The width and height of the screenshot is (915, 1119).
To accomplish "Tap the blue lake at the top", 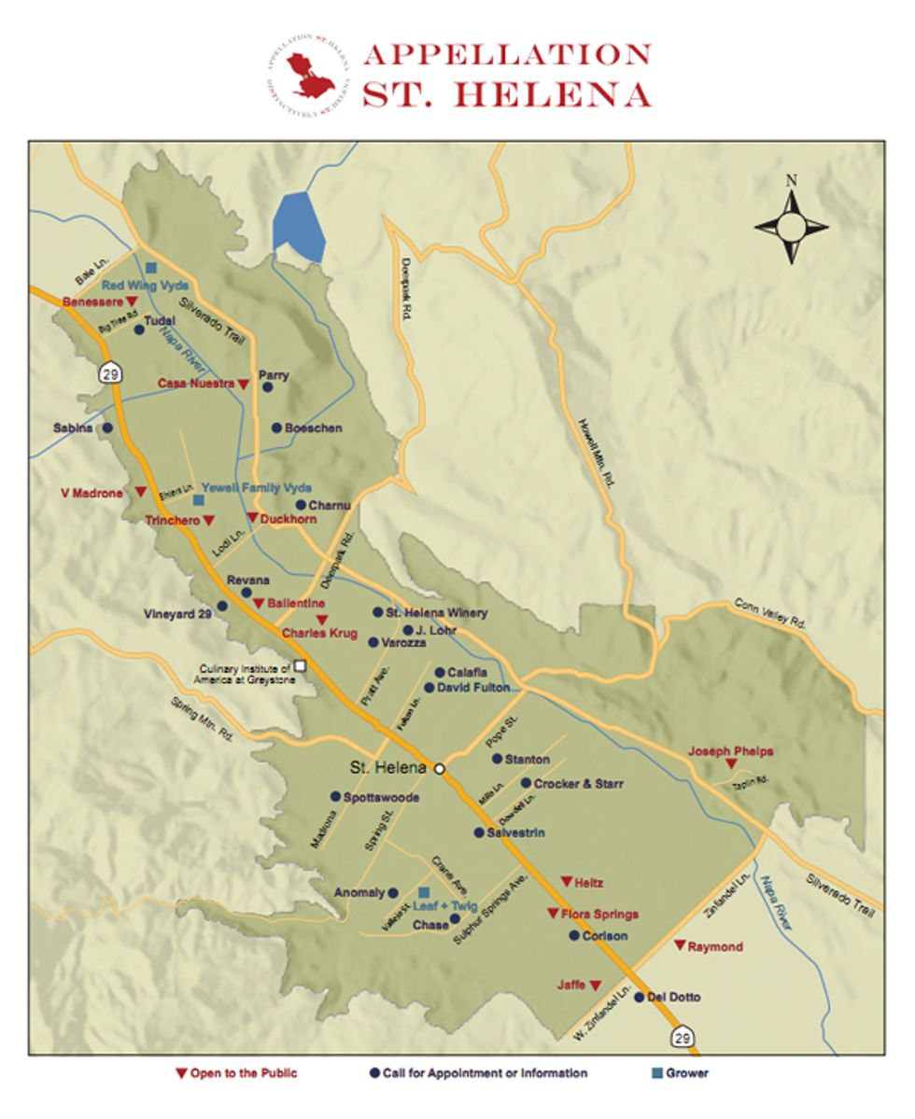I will coord(298,227).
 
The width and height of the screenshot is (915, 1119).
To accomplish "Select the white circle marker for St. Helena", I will coord(440,769).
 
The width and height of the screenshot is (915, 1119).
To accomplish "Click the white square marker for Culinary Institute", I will coord(300,666).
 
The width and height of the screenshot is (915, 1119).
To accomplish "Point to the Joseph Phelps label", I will coord(730,750).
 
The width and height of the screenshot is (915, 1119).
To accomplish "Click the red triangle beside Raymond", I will coord(680,945).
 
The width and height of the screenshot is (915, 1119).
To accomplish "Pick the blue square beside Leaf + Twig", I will coord(423,893).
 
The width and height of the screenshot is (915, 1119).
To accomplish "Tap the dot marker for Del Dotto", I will coord(639,997).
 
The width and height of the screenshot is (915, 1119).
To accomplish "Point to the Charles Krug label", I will coord(319,634).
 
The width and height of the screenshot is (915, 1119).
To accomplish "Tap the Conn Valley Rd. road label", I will coord(768,613).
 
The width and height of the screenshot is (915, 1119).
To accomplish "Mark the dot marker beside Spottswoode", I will coord(335,797).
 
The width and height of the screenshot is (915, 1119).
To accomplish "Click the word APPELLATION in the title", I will coord(506,55).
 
